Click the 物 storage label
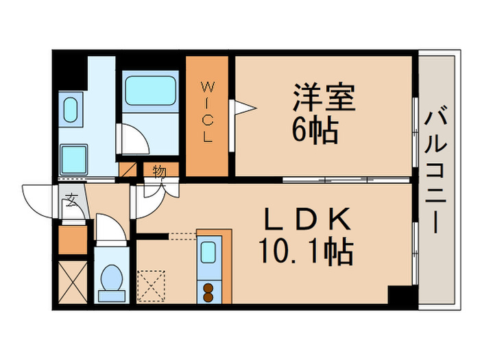click(x=158, y=169)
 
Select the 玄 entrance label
click(x=71, y=201)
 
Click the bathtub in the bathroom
click(x=149, y=89)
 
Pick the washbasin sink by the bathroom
click(x=70, y=110)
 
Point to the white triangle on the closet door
click(x=244, y=107)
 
